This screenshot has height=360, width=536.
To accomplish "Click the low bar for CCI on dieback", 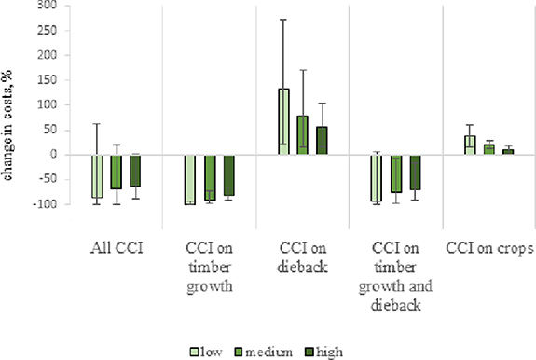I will pos(283,121).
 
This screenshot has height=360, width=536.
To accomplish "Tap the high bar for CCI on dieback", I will pos(323,141).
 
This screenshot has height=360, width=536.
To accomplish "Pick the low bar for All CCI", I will pos(97,176).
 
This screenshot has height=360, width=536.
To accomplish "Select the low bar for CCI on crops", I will pos(470,145).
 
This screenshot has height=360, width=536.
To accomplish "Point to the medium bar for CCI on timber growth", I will pos(210,177).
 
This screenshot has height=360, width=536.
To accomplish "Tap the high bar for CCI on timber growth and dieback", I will pos(415,173).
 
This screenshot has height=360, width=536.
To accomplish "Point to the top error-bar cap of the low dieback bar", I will pos(283,20).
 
